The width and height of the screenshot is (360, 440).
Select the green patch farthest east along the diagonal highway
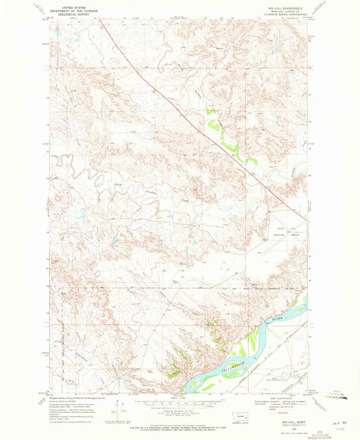point(251,161)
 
